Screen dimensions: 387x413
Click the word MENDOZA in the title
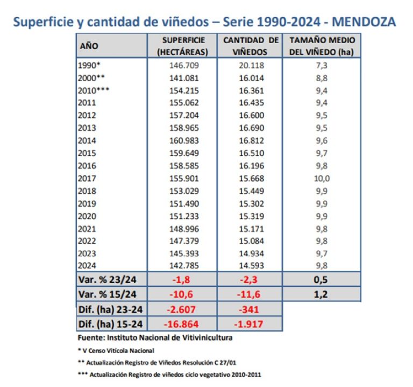(x=364, y=22)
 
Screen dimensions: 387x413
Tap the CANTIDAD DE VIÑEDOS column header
(x=250, y=46)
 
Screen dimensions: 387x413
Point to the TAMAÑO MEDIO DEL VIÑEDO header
(x=322, y=46)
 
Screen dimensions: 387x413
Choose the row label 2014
(x=87, y=140)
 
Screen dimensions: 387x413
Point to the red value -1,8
(x=182, y=279)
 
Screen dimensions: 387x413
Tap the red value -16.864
(x=182, y=324)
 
